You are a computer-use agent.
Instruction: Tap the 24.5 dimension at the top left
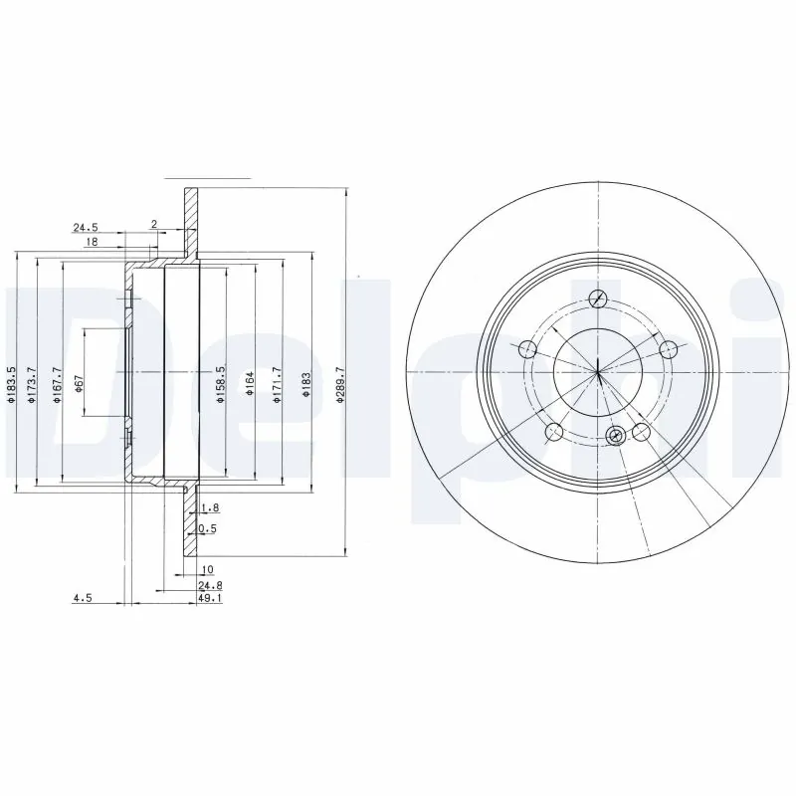click(x=87, y=227)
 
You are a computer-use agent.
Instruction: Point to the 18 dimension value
click(x=91, y=243)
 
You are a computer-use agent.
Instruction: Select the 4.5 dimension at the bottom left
click(x=83, y=599)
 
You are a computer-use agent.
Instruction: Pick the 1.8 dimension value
click(x=208, y=508)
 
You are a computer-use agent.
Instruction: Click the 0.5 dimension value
click(x=208, y=528)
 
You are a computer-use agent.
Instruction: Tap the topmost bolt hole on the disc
click(x=598, y=298)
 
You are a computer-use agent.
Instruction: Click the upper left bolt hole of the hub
click(x=527, y=348)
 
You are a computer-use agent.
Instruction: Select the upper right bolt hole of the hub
click(x=669, y=348)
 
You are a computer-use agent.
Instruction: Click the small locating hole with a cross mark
click(x=615, y=435)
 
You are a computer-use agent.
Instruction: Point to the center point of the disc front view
click(x=598, y=373)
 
